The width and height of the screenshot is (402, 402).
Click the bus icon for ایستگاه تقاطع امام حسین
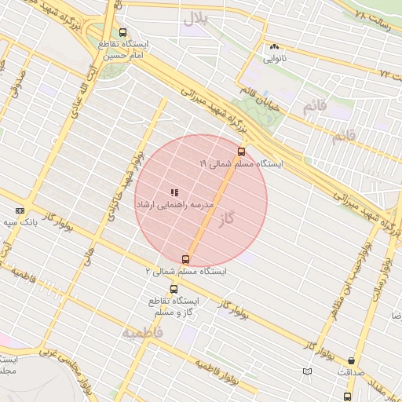point(122,33)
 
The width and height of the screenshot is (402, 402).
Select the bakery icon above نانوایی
point(274,47)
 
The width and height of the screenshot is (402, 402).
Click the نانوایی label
point(274,58)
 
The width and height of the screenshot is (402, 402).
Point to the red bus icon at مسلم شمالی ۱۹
point(240,152)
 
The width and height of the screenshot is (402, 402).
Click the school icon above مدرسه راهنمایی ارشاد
point(174,192)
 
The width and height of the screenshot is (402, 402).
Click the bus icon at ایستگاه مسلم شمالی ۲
point(186,259)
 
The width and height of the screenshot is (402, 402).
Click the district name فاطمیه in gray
point(142,333)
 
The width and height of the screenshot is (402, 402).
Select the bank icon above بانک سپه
point(20,210)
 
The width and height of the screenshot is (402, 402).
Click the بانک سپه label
point(20,222)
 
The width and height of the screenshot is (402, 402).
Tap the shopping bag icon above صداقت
point(350,361)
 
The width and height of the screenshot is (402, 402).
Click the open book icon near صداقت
point(307,371)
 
